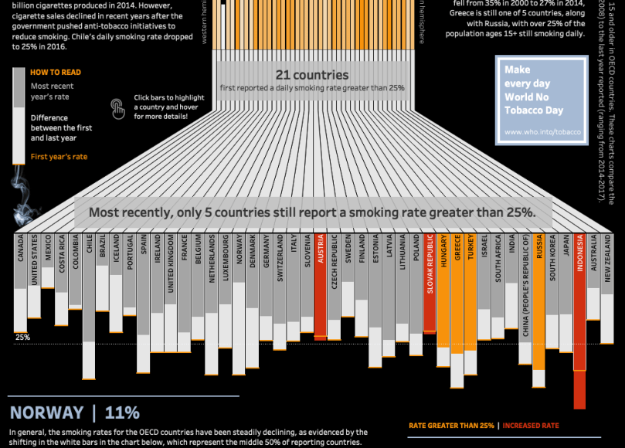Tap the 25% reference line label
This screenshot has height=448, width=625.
[22, 338]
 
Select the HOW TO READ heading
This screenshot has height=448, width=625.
[55, 73]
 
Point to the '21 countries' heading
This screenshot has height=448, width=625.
[311, 76]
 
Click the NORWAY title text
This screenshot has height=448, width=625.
[46, 412]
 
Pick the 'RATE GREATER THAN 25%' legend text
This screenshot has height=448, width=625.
[451, 425]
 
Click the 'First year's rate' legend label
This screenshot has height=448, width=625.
[59, 157]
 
